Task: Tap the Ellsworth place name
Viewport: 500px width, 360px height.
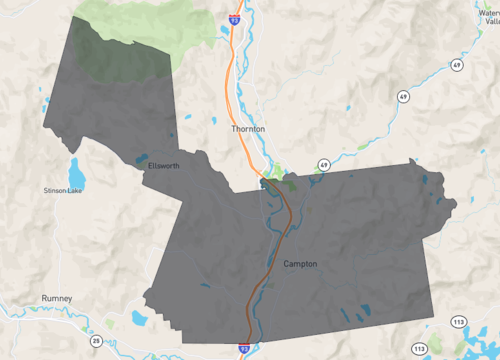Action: click(x=163, y=165)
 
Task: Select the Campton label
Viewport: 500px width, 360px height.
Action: click(x=300, y=264)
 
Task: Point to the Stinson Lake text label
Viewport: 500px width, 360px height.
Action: click(x=62, y=190)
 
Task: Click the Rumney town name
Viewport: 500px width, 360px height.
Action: click(x=57, y=298)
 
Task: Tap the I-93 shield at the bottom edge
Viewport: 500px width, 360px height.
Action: click(x=244, y=344)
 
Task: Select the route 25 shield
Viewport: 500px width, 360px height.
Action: click(x=97, y=341)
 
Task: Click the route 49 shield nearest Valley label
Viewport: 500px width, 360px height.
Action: click(x=456, y=65)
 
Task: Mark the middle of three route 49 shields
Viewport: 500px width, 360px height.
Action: click(x=402, y=97)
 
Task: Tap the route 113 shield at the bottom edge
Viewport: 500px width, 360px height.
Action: click(x=420, y=349)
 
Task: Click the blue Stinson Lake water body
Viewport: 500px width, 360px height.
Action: click(x=73, y=167)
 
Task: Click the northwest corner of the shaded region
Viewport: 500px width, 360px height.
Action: click(x=74, y=17)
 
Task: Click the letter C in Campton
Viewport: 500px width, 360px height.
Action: click(x=287, y=264)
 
